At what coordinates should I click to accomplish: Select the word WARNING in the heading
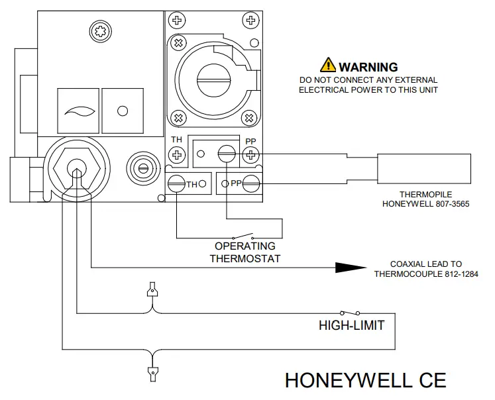click(368, 67)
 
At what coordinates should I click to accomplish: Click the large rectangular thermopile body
click(424, 169)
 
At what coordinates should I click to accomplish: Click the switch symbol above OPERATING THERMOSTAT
click(242, 237)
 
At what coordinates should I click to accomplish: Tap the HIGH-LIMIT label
click(351, 325)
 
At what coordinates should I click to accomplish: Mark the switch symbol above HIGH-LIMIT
click(349, 312)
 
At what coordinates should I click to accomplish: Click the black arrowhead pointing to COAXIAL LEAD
click(350, 267)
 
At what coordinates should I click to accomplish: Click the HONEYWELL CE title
click(365, 380)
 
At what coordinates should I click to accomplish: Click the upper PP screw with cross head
click(250, 156)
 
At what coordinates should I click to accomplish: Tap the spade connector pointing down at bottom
click(153, 372)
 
